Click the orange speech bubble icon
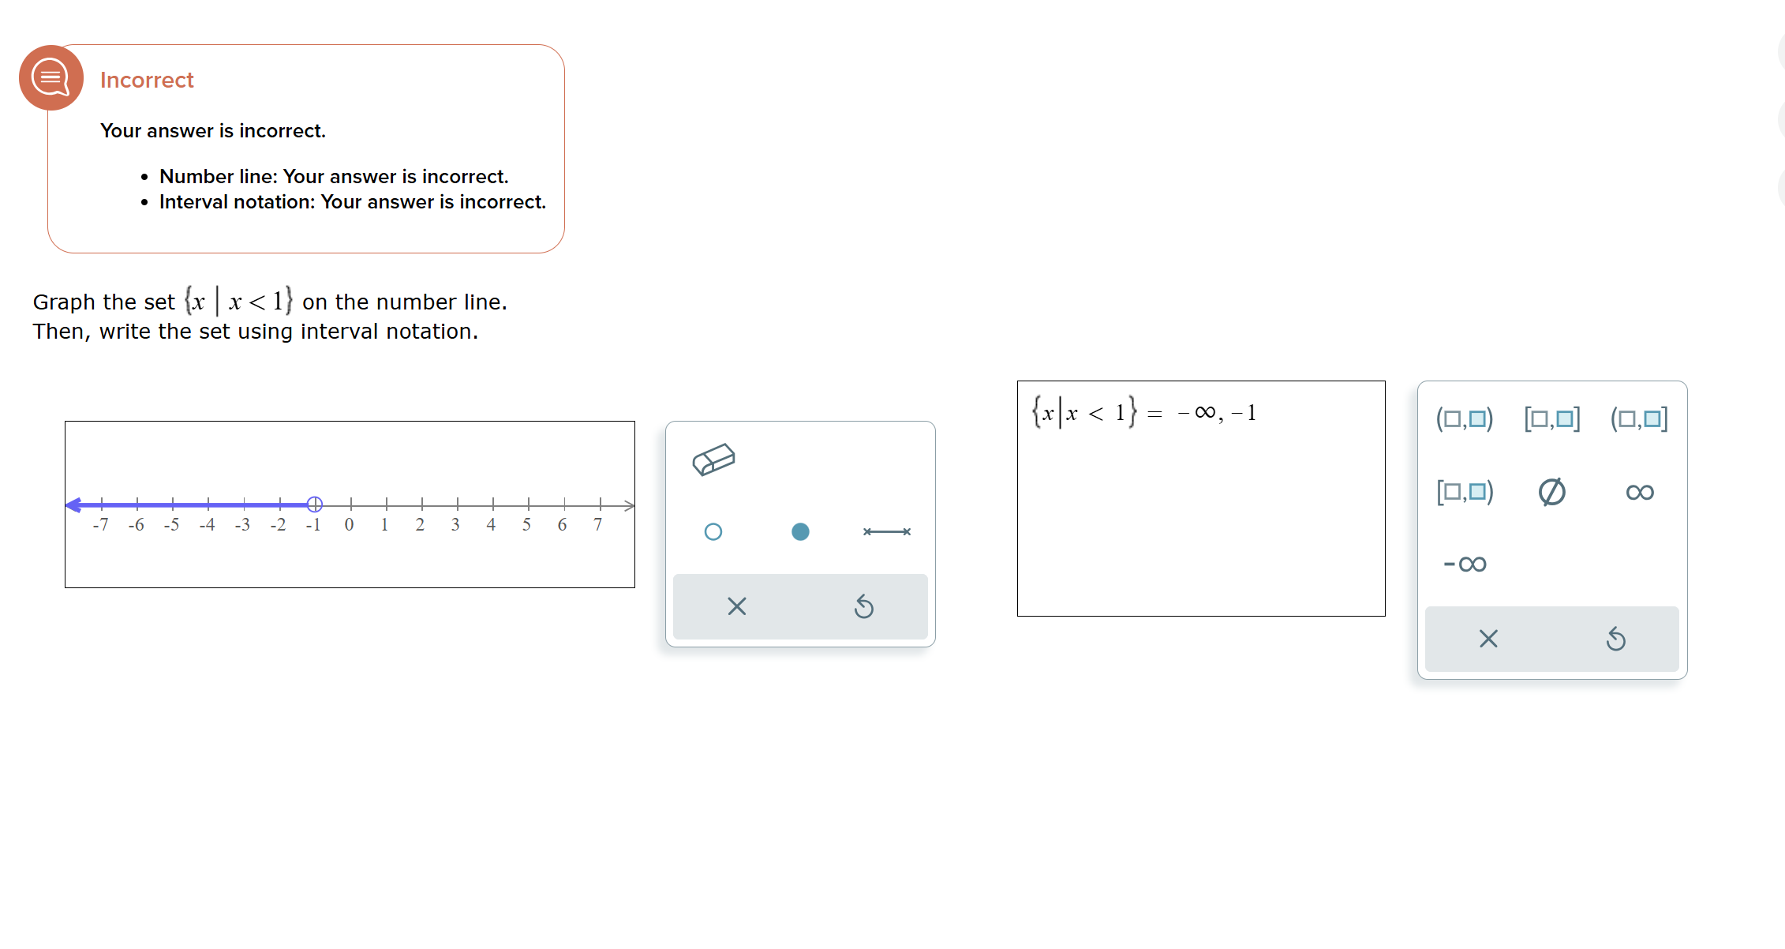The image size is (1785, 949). tap(51, 77)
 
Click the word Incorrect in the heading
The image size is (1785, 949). tap(147, 81)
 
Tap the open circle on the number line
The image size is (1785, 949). tap(314, 504)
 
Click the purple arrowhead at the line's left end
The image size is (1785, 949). tap(73, 505)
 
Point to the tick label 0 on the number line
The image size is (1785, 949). tap(349, 525)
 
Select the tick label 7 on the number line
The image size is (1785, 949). tap(598, 525)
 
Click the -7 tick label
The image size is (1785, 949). tap(100, 525)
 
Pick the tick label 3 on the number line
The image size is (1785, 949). tap(455, 525)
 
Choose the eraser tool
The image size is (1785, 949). tap(713, 459)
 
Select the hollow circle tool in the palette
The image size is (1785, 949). tap(713, 532)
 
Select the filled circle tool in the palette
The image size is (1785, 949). tap(800, 532)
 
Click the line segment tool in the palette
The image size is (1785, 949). tap(887, 532)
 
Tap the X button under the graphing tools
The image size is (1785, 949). tap(736, 606)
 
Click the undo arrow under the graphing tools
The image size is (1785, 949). tap(864, 606)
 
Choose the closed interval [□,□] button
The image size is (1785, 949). tap(1552, 418)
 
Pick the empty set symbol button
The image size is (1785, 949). tap(1552, 492)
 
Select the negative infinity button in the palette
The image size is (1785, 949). tap(1465, 564)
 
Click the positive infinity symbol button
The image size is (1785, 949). tap(1640, 492)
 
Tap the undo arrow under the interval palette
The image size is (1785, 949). tap(1615, 639)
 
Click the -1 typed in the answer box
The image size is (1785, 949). tap(1244, 413)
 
